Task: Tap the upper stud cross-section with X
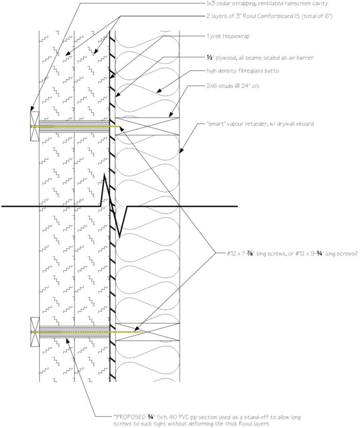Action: [x=147, y=126]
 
